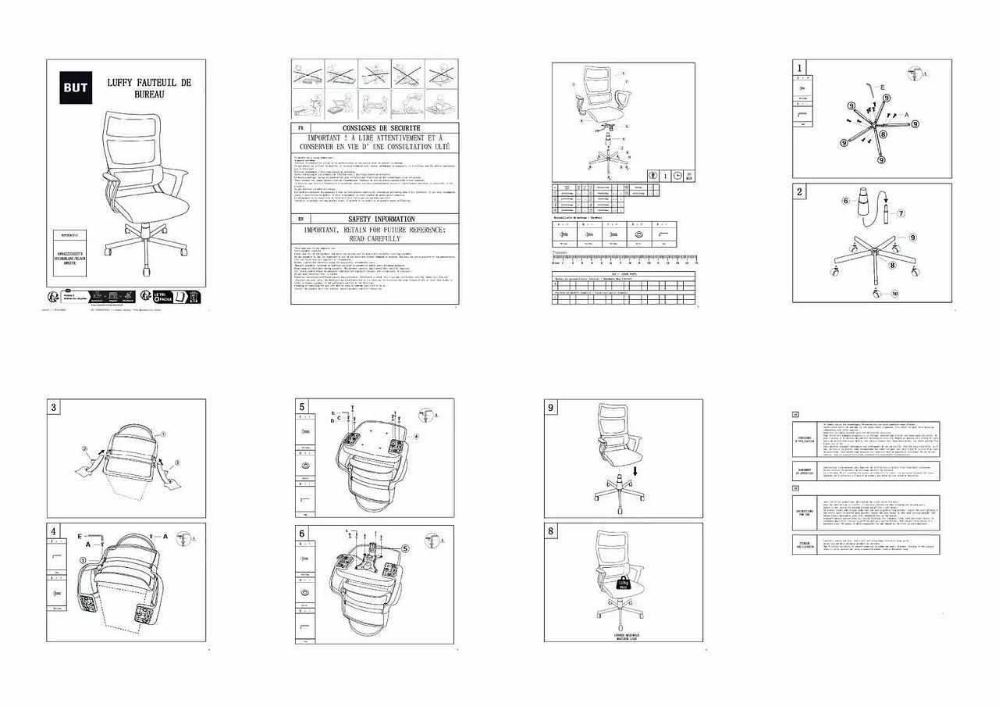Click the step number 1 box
click(x=800, y=67)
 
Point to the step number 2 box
click(x=800, y=191)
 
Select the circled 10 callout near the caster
click(x=896, y=294)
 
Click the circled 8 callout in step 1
click(x=883, y=134)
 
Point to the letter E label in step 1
click(x=882, y=87)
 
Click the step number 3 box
click(x=53, y=407)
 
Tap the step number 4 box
click(x=53, y=530)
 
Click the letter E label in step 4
click(x=80, y=536)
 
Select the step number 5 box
click(x=302, y=407)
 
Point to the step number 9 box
click(x=551, y=407)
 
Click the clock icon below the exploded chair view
click(x=677, y=176)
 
